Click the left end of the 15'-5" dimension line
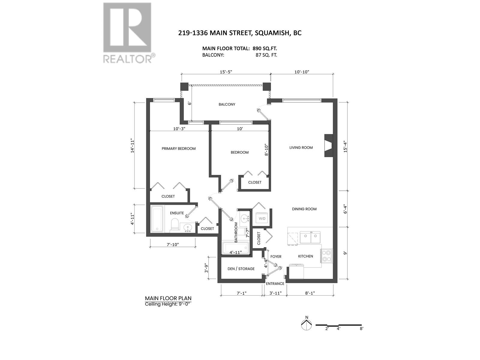[181, 74]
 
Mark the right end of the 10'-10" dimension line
[333, 74]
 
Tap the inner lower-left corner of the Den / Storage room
[221, 279]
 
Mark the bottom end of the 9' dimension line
[347, 279]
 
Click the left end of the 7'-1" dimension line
[221, 295]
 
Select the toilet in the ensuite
[175, 224]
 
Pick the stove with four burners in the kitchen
[326, 256]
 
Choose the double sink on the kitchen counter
[310, 237]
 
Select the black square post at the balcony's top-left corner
[184, 87]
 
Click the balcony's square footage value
[266, 55]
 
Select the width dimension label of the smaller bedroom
[240, 129]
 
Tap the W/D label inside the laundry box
[262, 219]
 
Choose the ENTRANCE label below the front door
[275, 283]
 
